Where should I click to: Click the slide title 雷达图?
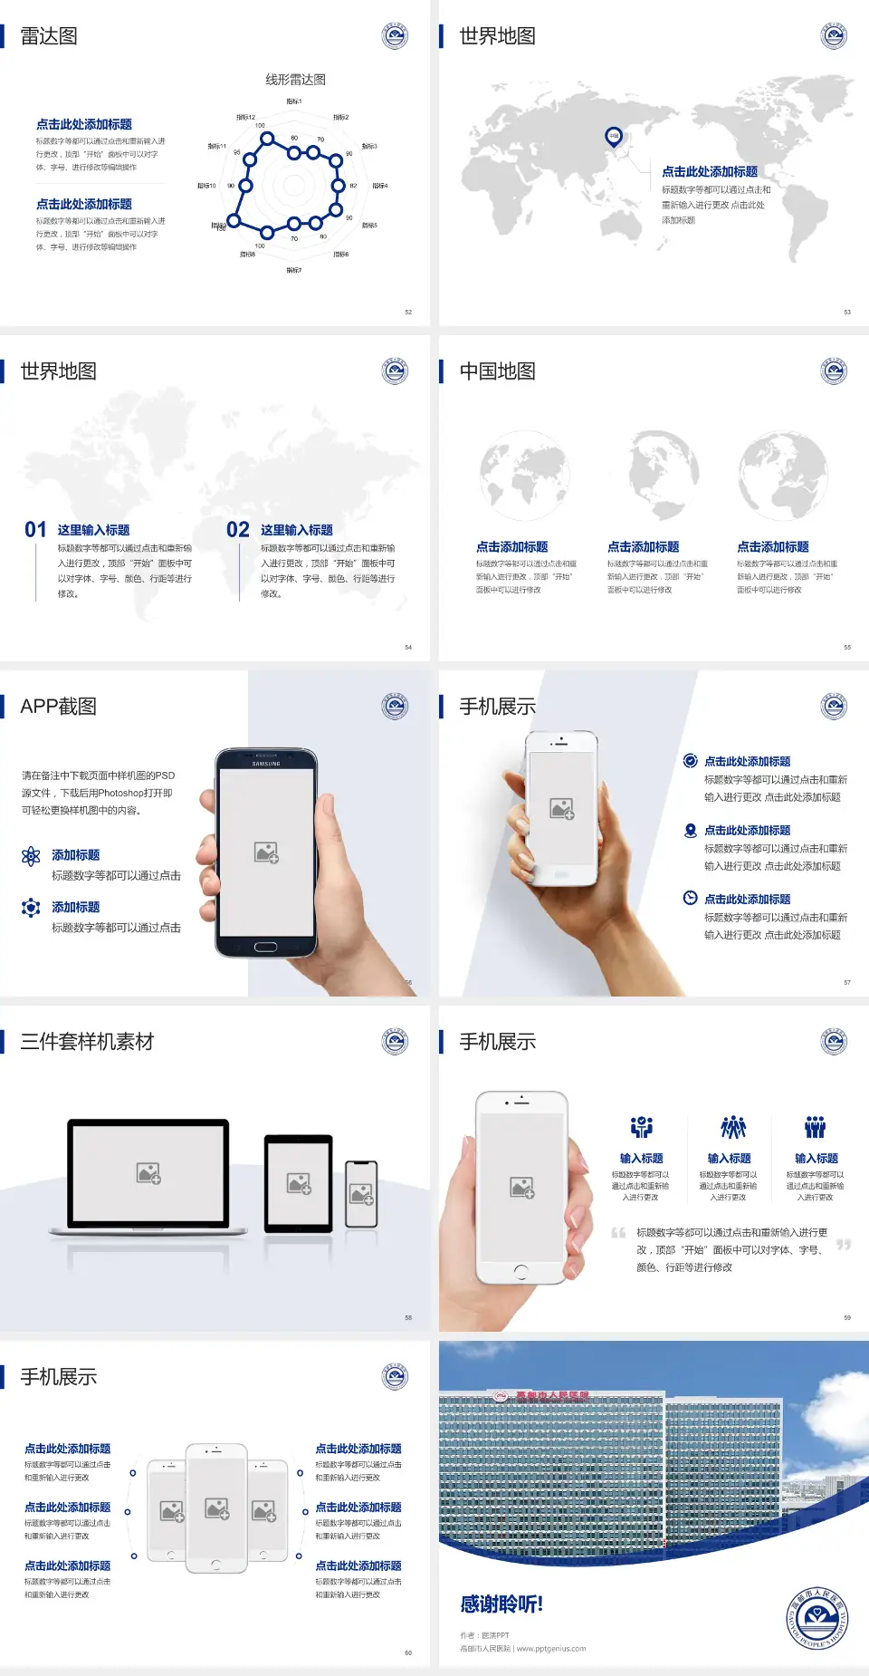[x=49, y=36]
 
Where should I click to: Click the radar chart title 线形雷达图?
[x=295, y=80]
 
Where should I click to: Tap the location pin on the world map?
[x=614, y=137]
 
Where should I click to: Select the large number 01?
[x=35, y=530]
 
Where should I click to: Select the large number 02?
[x=238, y=530]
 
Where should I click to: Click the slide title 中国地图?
[x=497, y=371]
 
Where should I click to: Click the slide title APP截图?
[x=59, y=707]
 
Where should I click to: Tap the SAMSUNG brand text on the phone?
[x=266, y=764]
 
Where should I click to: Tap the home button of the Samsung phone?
[x=265, y=947]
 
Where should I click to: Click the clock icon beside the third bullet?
[x=690, y=898]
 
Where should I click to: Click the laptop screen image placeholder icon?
[x=148, y=1173]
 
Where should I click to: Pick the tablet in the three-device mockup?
[x=299, y=1183]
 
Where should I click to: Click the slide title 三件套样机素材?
[x=87, y=1042]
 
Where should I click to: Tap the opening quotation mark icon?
[x=618, y=1233]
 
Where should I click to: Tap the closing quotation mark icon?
[x=844, y=1245]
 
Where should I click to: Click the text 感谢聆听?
[x=501, y=1604]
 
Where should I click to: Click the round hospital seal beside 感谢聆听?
[x=816, y=1617]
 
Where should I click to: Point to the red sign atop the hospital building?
[x=543, y=1396]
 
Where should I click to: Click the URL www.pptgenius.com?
[x=551, y=1649]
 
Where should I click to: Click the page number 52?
[x=408, y=312]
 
